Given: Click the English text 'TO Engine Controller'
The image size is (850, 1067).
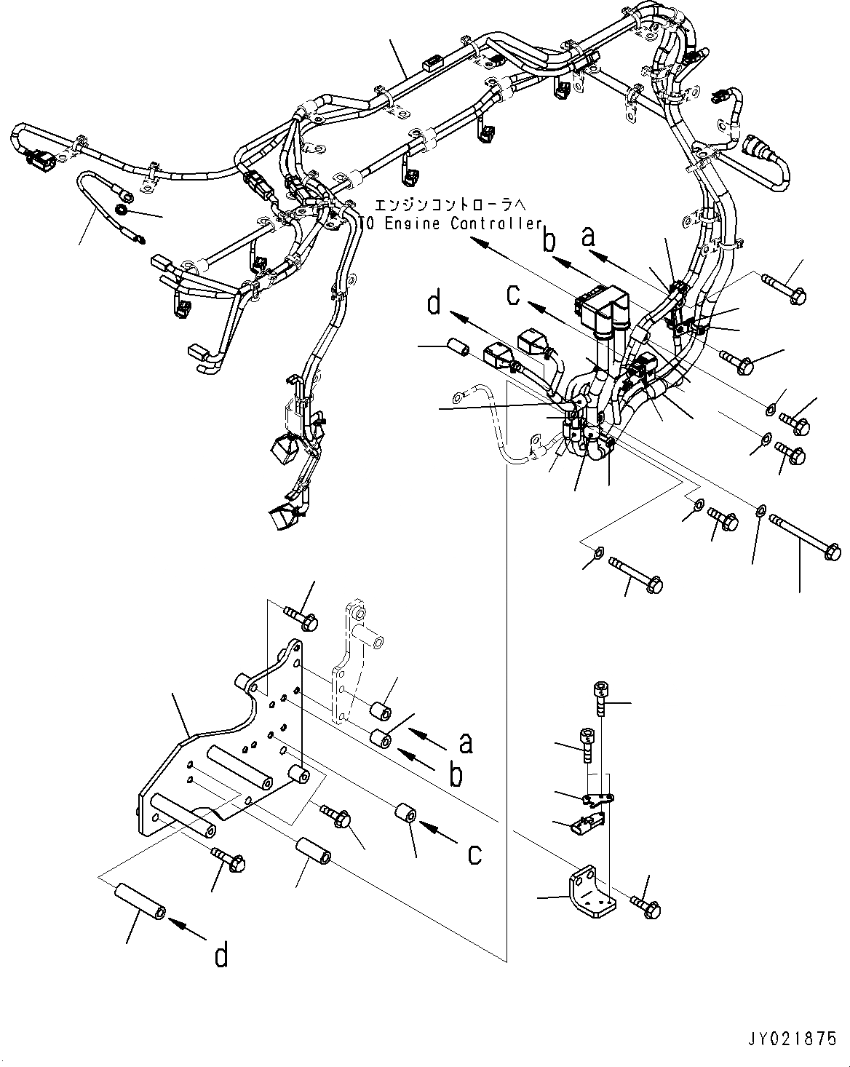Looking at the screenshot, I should coord(452,223).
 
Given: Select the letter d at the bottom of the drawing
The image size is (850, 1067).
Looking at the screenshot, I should coord(221,956).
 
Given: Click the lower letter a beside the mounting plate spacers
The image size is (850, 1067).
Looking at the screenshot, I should coord(465,742).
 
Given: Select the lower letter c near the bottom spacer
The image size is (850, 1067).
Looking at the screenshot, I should coord(474,853).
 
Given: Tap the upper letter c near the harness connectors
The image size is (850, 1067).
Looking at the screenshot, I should coord(514,295).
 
